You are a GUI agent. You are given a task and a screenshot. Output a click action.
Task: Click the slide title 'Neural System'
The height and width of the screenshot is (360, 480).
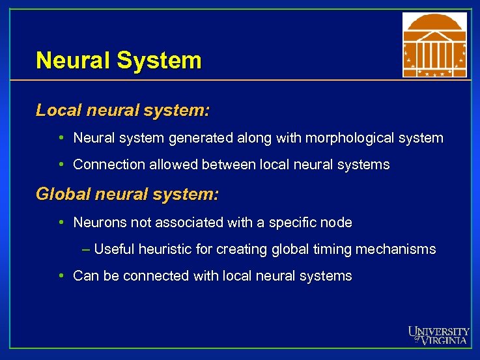point(119,61)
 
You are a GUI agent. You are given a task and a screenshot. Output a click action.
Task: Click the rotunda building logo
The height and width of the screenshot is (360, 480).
point(434,45)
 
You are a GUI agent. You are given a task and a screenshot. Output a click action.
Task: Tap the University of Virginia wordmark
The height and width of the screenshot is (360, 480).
point(438,335)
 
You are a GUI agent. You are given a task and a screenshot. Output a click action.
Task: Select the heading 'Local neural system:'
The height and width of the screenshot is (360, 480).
point(123,110)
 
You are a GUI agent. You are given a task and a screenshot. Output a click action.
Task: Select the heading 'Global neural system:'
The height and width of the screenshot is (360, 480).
point(128,194)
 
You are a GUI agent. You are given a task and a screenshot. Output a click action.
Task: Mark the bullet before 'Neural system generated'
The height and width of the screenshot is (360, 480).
point(60,139)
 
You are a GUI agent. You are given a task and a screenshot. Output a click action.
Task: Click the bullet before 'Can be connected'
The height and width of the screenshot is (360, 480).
point(60,276)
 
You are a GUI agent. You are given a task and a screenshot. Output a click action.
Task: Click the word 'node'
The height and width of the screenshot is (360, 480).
point(338,223)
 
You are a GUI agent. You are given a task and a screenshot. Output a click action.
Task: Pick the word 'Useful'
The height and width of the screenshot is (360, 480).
point(115,249)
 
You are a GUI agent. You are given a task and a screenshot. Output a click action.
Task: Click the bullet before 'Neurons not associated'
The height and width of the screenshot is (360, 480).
point(60,223)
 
